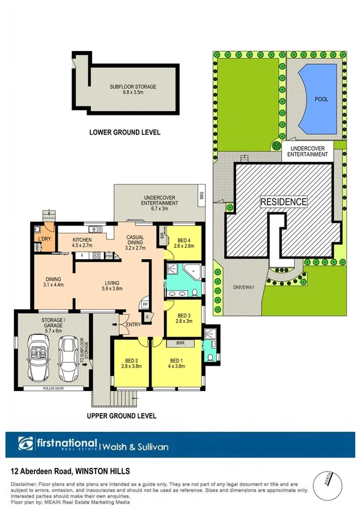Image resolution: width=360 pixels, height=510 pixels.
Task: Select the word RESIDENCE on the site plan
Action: coord(284,202)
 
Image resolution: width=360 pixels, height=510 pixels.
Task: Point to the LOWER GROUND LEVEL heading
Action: coord(124,132)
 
